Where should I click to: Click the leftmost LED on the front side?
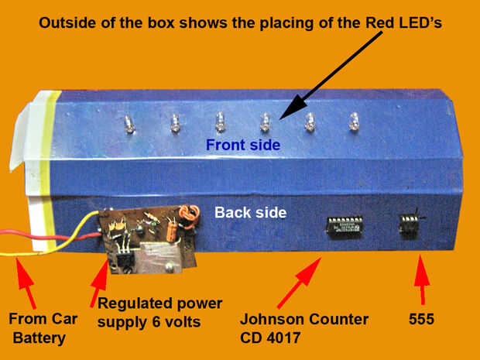pyautogui.click(x=129, y=125)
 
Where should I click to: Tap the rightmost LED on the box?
pyautogui.click(x=354, y=122)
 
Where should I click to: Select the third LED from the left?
pyautogui.click(x=220, y=122)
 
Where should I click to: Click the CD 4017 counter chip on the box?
pyautogui.click(x=345, y=227)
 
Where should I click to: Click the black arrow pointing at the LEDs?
pyautogui.click(x=331, y=75)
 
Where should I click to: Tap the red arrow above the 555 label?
pyautogui.click(x=422, y=279)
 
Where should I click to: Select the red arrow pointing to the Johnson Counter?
pyautogui.click(x=299, y=283)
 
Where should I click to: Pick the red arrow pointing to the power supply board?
pyautogui.click(x=99, y=283)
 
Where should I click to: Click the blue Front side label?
pyautogui.click(x=243, y=145)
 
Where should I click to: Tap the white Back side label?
pyautogui.click(x=250, y=212)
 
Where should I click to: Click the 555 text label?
pyautogui.click(x=421, y=319)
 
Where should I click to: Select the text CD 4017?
pyautogui.click(x=269, y=338)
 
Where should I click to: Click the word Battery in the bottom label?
pyautogui.click(x=39, y=338)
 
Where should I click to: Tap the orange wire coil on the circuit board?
pyautogui.click(x=189, y=217)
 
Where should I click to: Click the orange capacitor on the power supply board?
pyautogui.click(x=171, y=233)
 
